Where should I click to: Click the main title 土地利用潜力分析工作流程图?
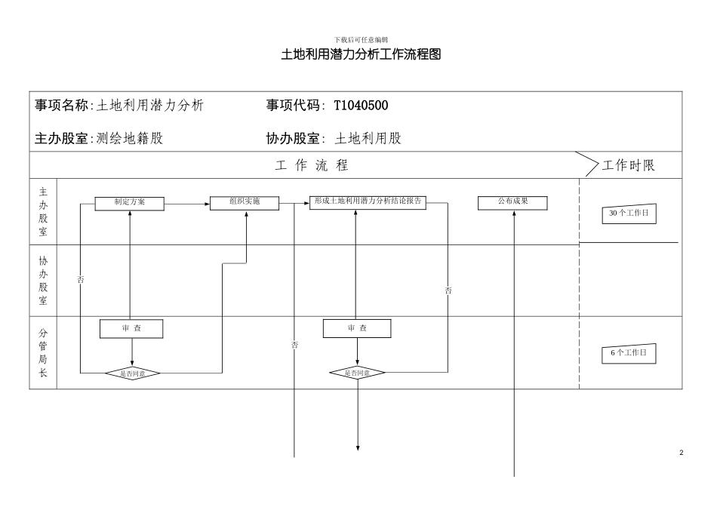(x=360, y=55)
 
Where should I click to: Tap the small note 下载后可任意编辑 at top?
(x=360, y=39)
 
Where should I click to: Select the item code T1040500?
(x=361, y=106)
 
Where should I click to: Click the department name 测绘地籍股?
(x=130, y=139)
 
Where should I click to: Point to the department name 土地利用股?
(x=368, y=139)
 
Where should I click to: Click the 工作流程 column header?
(x=312, y=166)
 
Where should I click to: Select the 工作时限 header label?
(x=628, y=166)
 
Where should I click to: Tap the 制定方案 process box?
(x=129, y=203)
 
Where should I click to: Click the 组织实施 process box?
(x=245, y=203)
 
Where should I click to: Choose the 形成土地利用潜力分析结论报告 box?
(x=368, y=203)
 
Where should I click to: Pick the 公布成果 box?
(x=512, y=203)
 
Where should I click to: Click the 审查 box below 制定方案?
(x=131, y=329)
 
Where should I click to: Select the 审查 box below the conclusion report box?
(x=357, y=329)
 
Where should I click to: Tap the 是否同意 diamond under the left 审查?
(x=132, y=373)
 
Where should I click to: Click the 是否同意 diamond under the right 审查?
(x=357, y=373)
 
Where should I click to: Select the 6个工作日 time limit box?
(x=629, y=353)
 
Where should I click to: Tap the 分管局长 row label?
(x=43, y=352)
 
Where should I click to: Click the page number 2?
(x=681, y=453)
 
